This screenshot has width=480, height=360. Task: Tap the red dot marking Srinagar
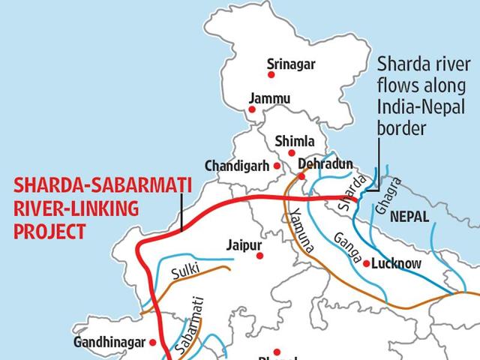271,74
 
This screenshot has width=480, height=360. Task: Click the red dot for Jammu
252,110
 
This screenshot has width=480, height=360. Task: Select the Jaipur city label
241,244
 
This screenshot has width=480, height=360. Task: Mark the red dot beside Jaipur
260,256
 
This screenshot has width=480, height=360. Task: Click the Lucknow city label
397,264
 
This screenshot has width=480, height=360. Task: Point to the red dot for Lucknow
366,263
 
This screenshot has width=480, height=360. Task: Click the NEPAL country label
429,217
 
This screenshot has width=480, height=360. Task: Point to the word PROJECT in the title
51,232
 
